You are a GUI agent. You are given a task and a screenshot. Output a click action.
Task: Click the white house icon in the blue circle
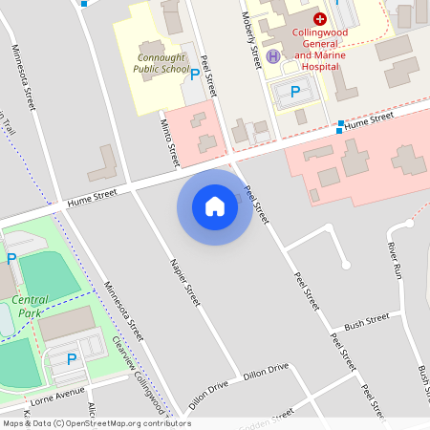(x=215, y=206)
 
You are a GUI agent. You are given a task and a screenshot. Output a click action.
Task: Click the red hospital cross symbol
(x=320, y=18)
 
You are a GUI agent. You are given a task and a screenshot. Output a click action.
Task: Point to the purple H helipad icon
(x=273, y=55)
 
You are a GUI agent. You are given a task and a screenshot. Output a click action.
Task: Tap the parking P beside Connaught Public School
(x=196, y=74)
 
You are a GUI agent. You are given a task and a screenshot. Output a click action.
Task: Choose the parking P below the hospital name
(x=295, y=92)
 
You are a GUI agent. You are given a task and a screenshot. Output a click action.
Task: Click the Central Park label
(x=32, y=306)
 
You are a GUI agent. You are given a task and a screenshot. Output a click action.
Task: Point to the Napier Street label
(x=185, y=282)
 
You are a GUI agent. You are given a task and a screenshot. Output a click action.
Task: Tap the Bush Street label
(x=368, y=321)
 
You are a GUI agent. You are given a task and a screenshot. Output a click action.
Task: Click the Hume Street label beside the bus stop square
(x=370, y=118)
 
